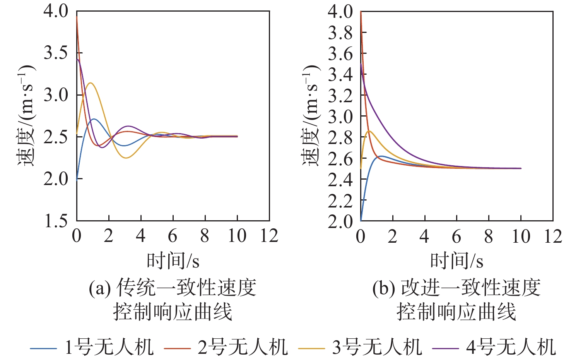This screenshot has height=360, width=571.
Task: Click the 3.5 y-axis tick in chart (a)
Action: coord(56,53)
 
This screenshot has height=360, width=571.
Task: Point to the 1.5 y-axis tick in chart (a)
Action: coord(56,221)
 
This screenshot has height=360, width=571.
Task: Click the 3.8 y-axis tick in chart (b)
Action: coord(340,33)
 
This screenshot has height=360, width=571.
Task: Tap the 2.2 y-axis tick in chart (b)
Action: coord(340,201)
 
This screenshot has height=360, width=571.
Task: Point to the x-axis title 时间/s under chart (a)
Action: coord(173,261)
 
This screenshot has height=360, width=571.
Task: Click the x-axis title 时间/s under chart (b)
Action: coord(457,261)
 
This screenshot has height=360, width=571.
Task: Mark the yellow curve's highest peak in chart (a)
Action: coord(91,83)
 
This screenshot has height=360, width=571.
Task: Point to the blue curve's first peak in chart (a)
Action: coord(93,119)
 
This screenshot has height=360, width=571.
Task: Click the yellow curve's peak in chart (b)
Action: coord(369,131)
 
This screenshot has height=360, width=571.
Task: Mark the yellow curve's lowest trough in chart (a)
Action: coord(126,158)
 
